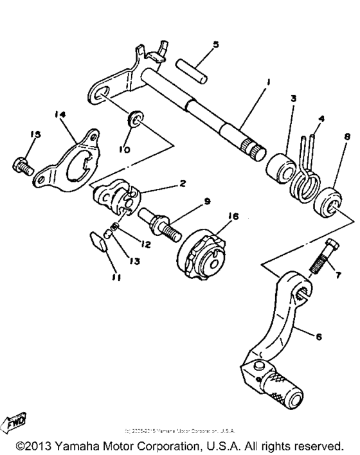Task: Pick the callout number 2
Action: pos(183,184)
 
